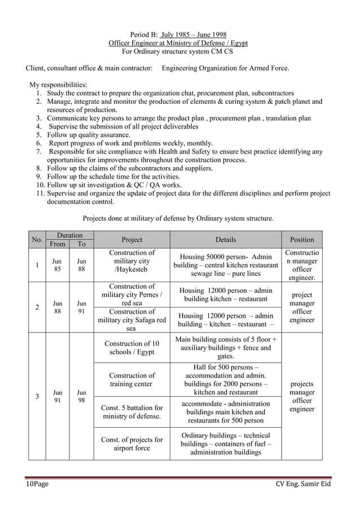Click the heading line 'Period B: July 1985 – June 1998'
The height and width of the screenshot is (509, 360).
(x=178, y=34)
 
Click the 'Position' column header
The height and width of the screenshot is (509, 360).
(x=302, y=240)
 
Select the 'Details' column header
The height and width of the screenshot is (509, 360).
(x=226, y=240)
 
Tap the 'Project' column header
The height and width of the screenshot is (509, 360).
(x=131, y=240)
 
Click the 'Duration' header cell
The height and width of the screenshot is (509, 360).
(x=69, y=235)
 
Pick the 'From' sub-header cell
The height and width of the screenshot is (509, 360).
(x=58, y=244)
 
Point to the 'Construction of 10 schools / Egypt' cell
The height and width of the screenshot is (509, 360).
(x=131, y=348)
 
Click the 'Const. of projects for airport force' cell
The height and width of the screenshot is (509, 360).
(x=131, y=444)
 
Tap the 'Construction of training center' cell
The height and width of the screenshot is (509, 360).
(x=131, y=380)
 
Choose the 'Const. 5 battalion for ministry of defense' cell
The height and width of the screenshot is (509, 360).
(x=131, y=412)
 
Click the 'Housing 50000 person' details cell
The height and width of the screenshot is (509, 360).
(x=226, y=265)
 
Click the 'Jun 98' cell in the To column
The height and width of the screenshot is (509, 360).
(x=81, y=396)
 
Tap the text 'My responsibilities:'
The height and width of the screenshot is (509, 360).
(x=58, y=85)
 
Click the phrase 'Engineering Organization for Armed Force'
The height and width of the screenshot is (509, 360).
(x=225, y=68)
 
